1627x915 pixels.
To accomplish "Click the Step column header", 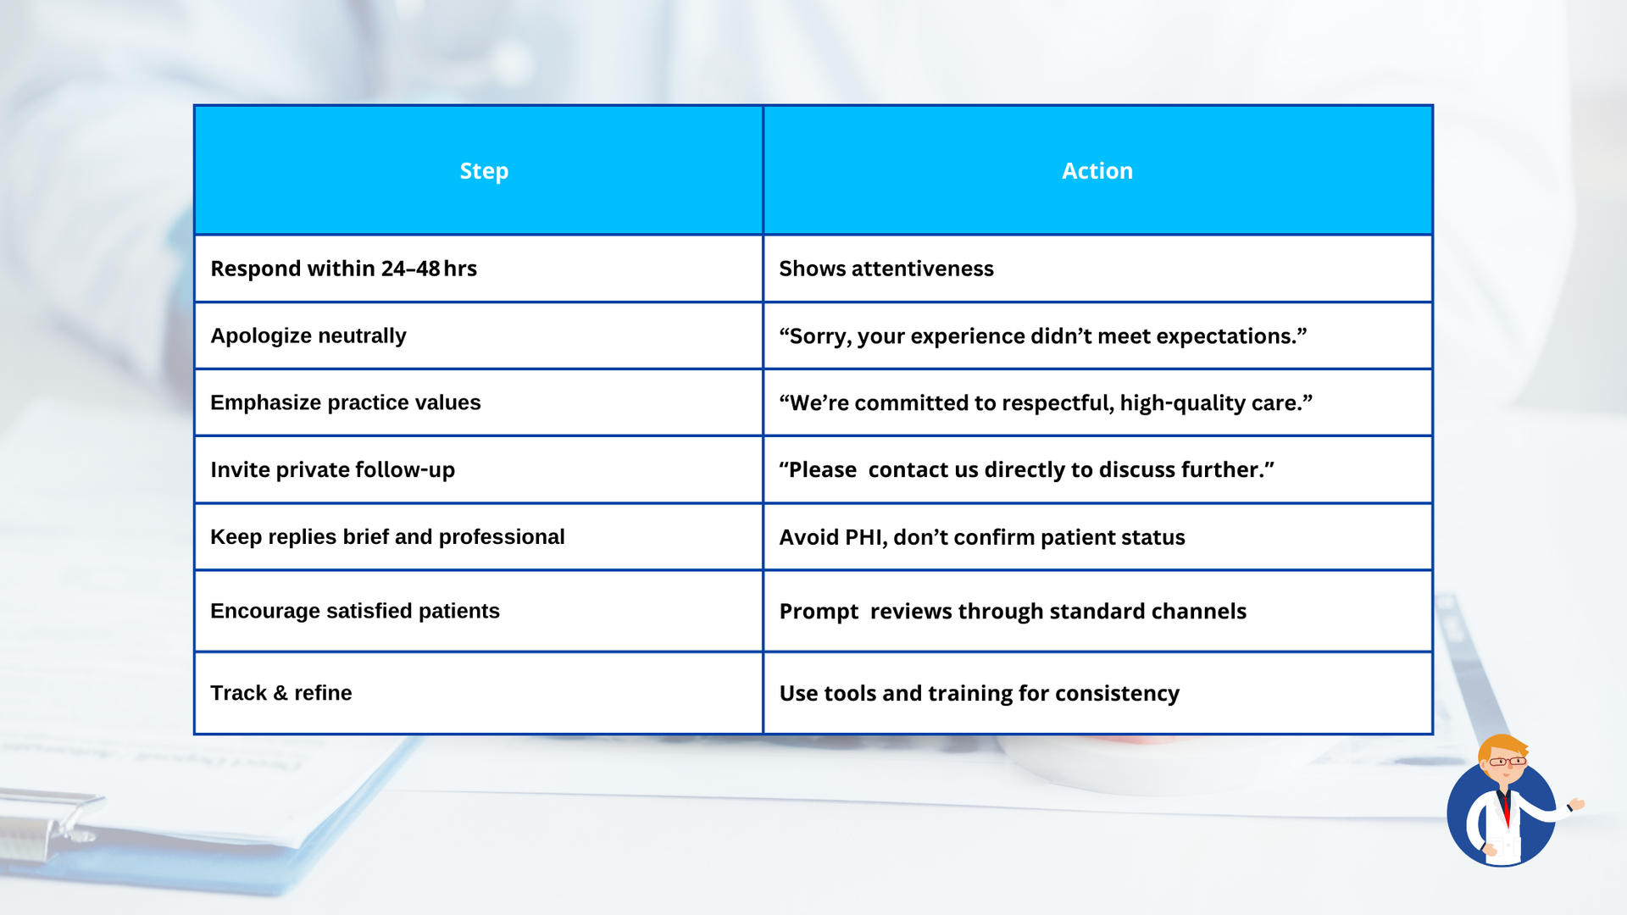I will [484, 171].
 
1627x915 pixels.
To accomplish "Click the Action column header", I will [1097, 171].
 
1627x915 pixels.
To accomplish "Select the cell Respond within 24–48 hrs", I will [343, 269].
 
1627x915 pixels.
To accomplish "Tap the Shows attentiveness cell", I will [886, 269].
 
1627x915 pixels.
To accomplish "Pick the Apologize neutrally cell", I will [308, 335].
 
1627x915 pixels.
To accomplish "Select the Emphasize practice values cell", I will [345, 402].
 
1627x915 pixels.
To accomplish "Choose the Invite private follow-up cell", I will [332, 469].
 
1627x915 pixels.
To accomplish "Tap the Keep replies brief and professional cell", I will [387, 537].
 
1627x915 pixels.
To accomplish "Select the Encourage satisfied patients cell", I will [354, 611].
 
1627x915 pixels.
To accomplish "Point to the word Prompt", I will [819, 612].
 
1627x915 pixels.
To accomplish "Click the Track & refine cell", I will [280, 693].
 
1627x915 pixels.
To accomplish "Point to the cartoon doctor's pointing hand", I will [1576, 804].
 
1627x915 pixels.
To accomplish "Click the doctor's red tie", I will [1507, 809].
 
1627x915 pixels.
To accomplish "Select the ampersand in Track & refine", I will [280, 693].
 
